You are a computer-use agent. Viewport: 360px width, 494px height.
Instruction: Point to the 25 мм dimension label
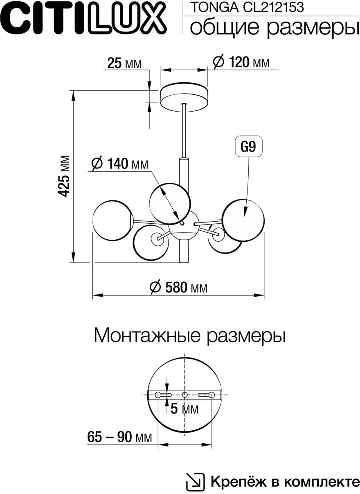[x=124, y=63]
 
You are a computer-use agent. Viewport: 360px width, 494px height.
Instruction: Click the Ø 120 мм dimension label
[x=241, y=63]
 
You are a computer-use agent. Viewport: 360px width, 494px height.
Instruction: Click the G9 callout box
[x=248, y=147]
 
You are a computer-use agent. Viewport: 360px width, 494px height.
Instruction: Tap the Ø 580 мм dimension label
[x=178, y=287]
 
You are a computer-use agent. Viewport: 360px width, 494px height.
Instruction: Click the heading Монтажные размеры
[x=189, y=335]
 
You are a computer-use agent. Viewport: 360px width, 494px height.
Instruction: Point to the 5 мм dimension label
[x=184, y=409]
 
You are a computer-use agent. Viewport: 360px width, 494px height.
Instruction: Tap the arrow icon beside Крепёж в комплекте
[x=196, y=481]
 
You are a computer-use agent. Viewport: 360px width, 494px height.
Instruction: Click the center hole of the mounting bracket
[x=185, y=395]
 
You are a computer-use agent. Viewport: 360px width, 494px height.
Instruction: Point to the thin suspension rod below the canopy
[x=185, y=131]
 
